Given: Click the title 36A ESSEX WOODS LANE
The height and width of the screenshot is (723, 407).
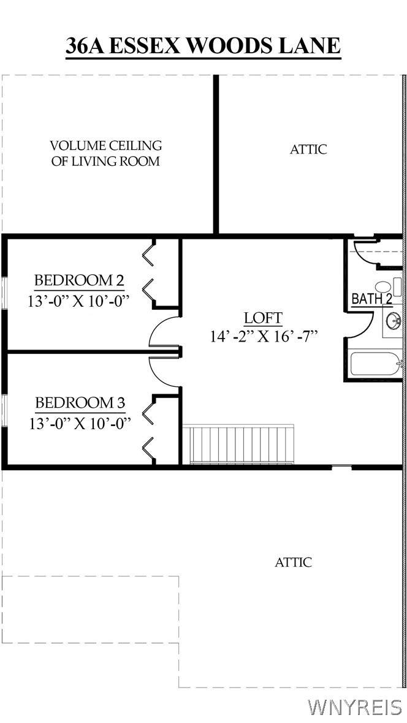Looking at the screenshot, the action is point(203,46).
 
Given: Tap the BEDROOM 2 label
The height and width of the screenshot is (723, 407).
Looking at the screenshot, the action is point(79,280).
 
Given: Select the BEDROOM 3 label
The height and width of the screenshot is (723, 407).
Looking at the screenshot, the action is point(80,403).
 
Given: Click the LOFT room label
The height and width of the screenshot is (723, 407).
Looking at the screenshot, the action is point(263,318).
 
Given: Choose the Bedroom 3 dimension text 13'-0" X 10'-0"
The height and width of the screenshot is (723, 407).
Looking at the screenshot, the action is point(80,422).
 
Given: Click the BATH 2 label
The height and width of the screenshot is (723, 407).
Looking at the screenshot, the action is point(371,299).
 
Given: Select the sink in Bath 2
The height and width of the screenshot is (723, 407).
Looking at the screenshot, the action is point(394,320).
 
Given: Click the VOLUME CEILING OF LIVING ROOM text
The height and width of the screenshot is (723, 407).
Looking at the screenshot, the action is point(105,154).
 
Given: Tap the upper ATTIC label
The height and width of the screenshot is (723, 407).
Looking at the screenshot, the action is point(308,149).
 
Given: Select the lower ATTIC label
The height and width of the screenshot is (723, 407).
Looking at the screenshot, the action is point(294,563).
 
